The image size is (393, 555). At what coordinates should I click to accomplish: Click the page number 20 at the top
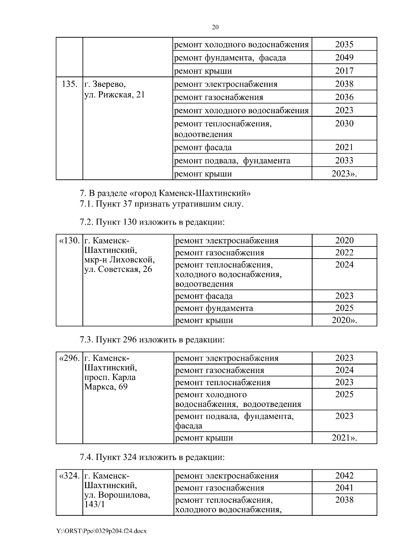point(215,27)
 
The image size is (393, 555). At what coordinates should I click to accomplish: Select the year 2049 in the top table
point(344,58)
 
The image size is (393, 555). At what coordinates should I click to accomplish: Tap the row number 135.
point(69,84)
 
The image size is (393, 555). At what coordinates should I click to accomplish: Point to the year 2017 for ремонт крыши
point(344,71)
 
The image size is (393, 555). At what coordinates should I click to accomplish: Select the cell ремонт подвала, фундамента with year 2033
point(232,160)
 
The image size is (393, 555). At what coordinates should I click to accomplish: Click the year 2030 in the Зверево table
point(344,124)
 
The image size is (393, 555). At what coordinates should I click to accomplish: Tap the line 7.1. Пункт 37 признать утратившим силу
point(161,204)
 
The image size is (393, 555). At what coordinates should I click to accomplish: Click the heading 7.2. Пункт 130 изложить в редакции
point(152,222)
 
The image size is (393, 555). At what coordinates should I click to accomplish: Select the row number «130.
point(69,241)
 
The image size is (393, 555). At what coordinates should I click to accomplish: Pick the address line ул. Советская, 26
point(118,270)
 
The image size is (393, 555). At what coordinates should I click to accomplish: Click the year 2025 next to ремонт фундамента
point(344,308)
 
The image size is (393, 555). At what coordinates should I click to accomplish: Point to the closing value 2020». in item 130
point(344,320)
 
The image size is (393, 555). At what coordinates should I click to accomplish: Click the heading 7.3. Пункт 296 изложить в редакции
point(152,340)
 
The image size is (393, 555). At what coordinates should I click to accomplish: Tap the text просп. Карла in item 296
point(110,378)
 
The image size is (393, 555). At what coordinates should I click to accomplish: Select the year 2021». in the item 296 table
point(344,438)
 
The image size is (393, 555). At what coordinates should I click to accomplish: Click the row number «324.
point(69,476)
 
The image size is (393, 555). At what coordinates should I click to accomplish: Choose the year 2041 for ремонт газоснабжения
point(344,488)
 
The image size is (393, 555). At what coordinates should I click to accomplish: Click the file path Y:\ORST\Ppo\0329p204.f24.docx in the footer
point(102,531)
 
